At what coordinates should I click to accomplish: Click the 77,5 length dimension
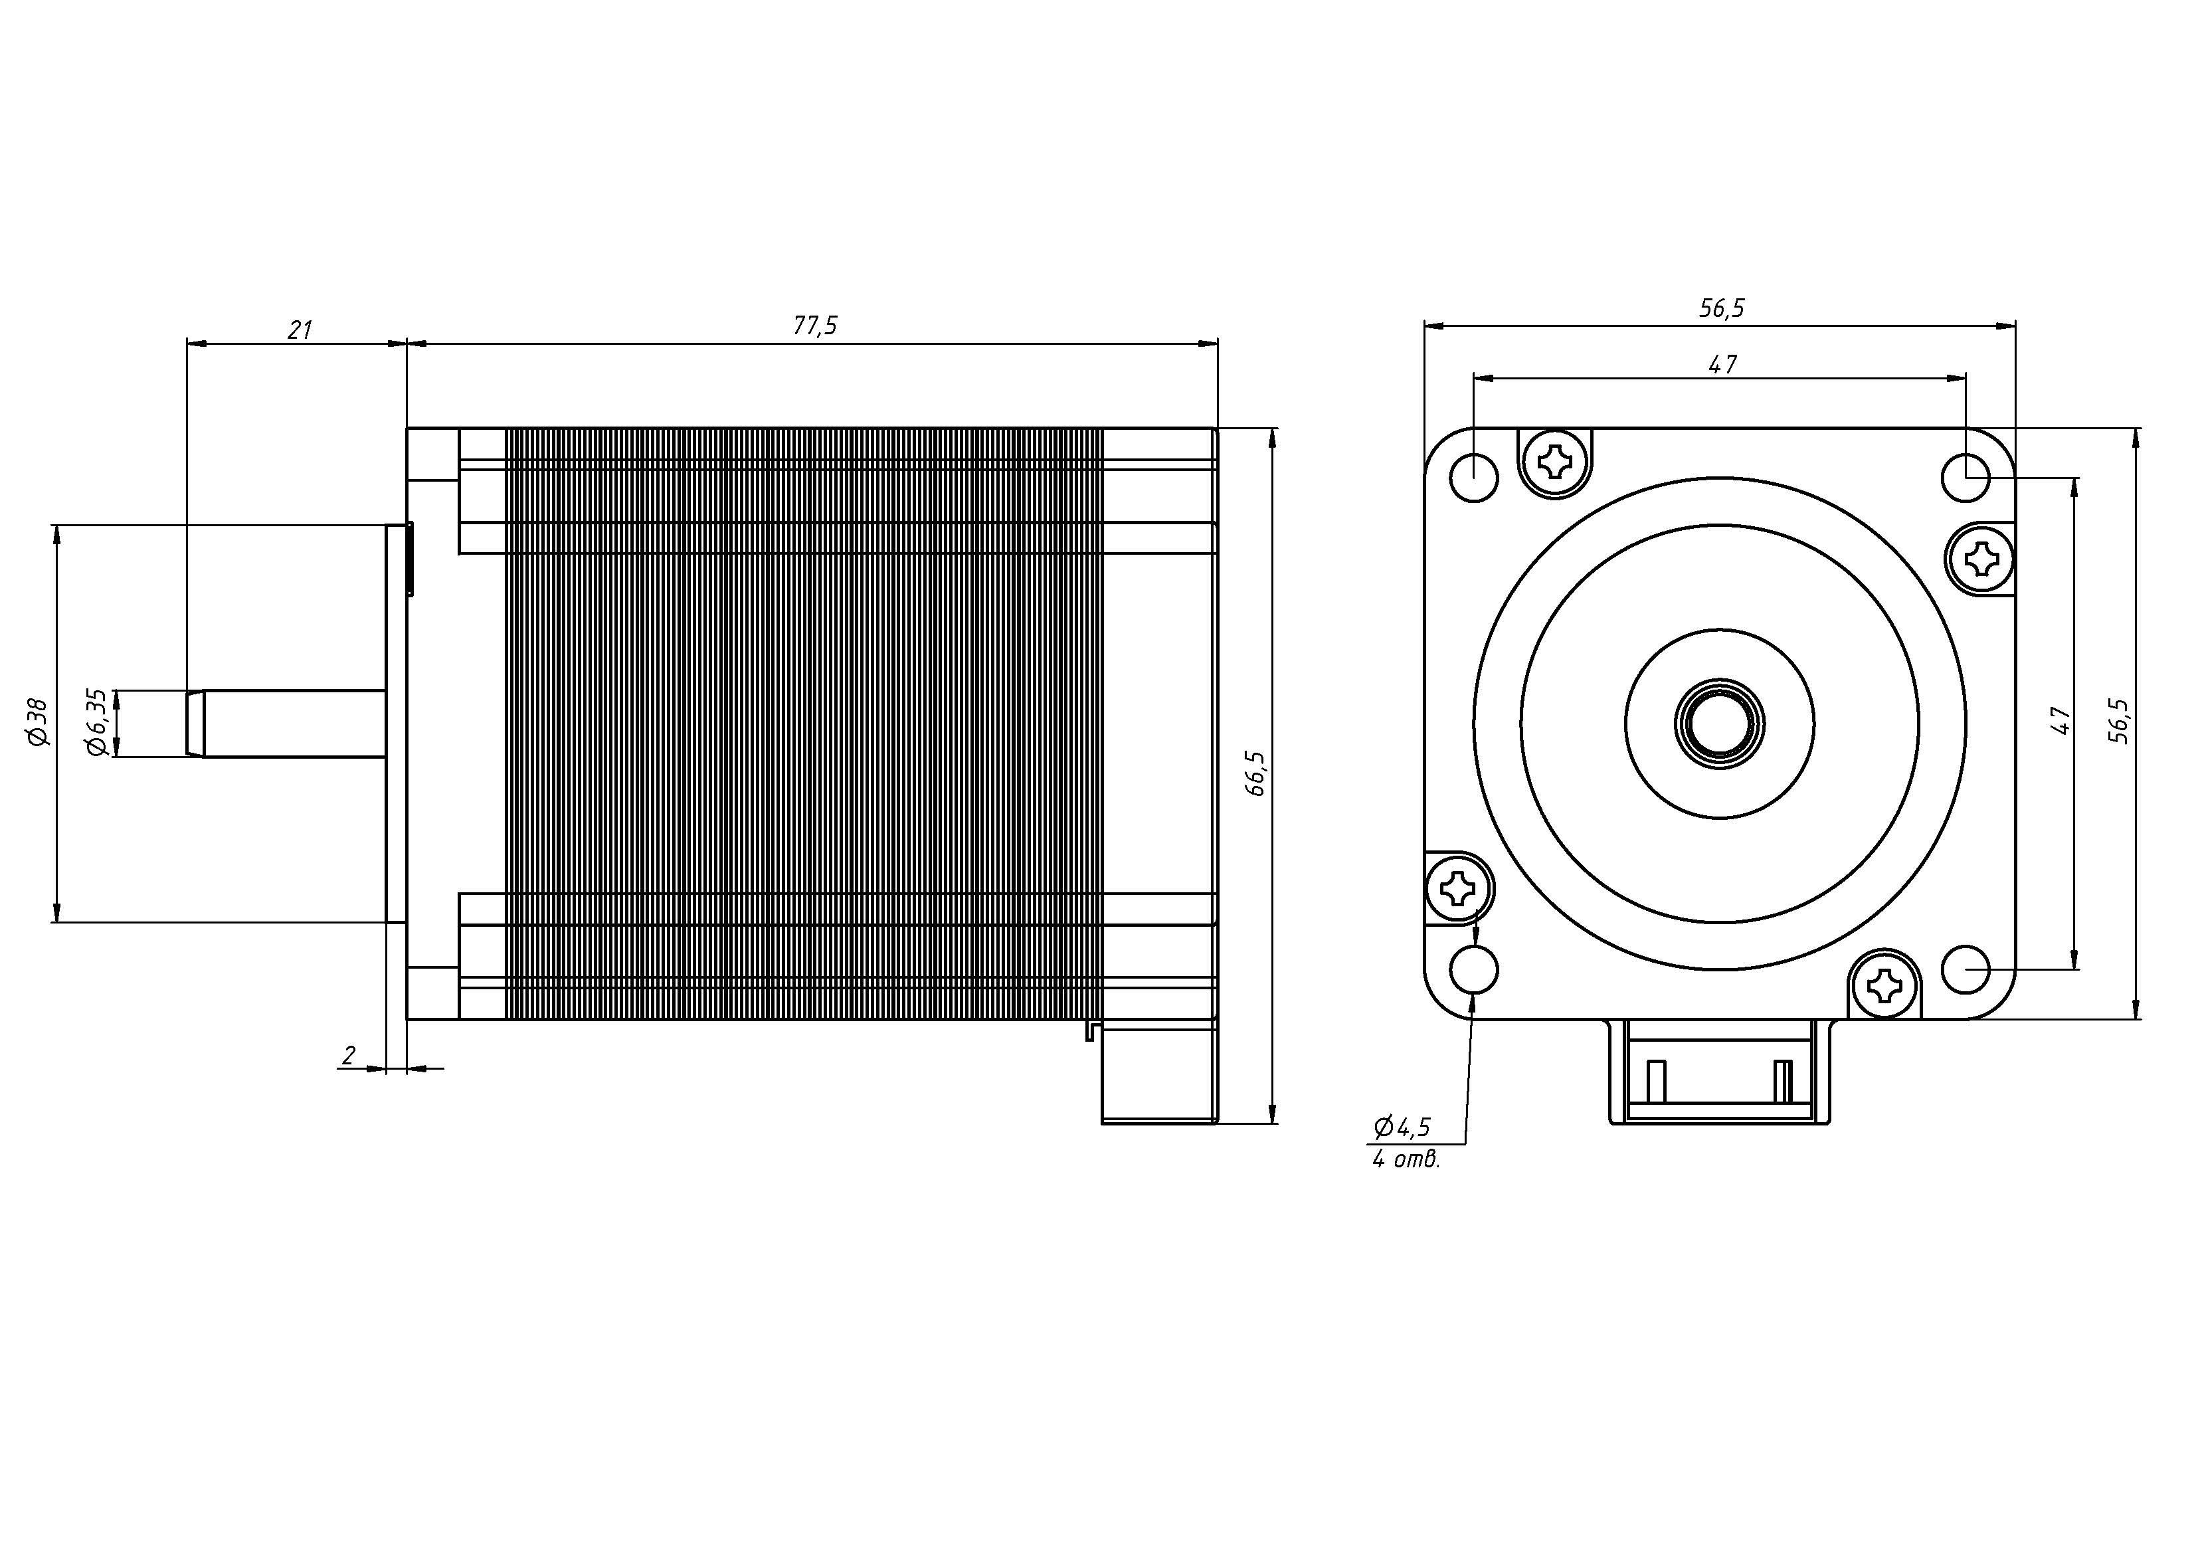click(814, 326)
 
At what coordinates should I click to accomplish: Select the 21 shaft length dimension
click(300, 330)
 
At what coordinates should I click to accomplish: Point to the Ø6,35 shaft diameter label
click(97, 723)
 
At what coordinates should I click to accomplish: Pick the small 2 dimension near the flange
click(349, 1055)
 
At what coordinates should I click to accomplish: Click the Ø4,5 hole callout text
click(1402, 1127)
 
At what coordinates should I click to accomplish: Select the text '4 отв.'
click(1406, 1159)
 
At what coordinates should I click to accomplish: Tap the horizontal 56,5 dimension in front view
click(1721, 308)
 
